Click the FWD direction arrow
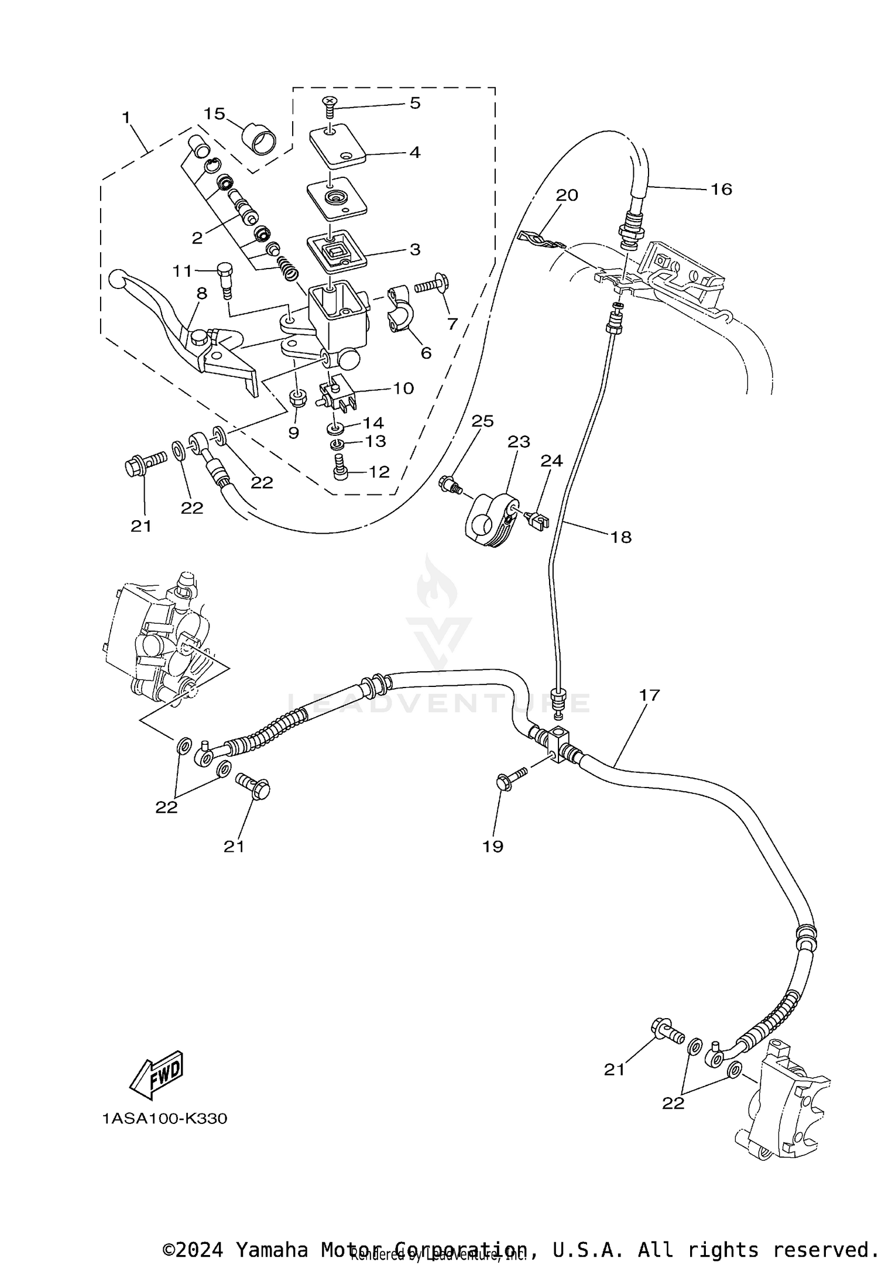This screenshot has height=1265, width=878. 156,1075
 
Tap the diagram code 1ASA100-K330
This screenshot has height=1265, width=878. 164,1119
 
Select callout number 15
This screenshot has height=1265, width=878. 215,114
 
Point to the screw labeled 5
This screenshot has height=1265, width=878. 330,106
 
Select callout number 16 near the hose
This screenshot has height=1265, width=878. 722,189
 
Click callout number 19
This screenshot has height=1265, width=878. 493,846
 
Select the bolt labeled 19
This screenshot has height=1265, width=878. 511,778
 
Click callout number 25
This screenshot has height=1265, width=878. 483,421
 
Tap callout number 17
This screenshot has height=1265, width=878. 649,695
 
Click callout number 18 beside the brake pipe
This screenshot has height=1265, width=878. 621,537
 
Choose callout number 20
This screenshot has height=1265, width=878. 567,195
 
